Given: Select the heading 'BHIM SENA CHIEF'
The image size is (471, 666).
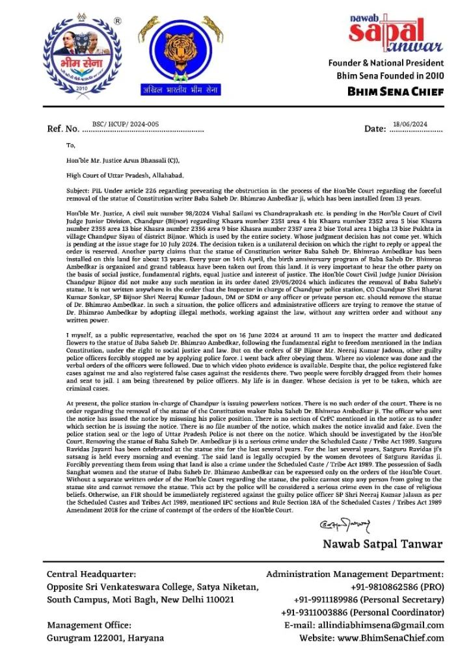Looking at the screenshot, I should (x=396, y=92).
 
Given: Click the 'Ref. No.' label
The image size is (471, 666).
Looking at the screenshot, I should (x=64, y=129).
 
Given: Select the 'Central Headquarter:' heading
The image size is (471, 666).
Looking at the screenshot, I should (x=92, y=574).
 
